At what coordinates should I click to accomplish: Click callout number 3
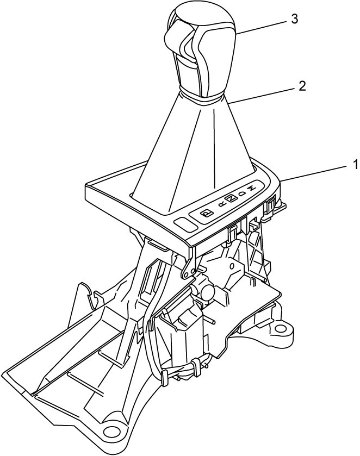click(295, 19)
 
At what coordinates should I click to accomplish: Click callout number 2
click(302, 86)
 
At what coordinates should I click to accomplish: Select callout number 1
click(356, 165)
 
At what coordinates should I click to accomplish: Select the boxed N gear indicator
click(231, 198)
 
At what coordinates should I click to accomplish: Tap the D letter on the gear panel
click(242, 193)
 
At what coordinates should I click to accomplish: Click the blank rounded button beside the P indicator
click(185, 224)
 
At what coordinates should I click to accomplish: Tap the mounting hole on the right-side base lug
click(280, 329)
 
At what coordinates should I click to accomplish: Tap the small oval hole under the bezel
click(232, 266)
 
